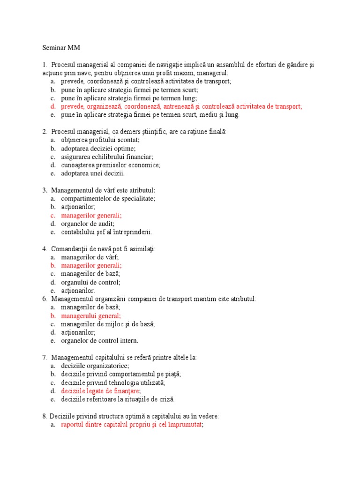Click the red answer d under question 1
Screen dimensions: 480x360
(x=181, y=106)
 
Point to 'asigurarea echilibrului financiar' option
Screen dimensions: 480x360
(x=107, y=157)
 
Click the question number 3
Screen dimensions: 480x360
(x=45, y=190)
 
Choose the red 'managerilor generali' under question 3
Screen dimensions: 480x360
(x=91, y=215)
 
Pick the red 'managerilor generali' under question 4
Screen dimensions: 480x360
(x=91, y=265)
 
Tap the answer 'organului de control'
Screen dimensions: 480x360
(x=90, y=282)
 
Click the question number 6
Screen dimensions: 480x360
(x=45, y=299)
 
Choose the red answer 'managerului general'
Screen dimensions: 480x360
(x=90, y=315)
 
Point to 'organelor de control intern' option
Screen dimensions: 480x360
(x=99, y=341)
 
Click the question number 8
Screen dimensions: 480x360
(x=45, y=416)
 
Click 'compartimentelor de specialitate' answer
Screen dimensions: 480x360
(x=108, y=198)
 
